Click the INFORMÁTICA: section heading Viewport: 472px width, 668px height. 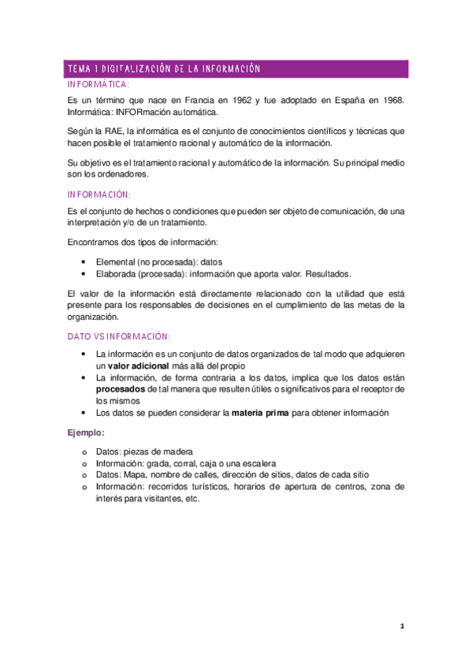(x=98, y=83)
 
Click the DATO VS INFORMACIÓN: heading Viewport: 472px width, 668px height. (x=118, y=336)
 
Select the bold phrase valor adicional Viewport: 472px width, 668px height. (x=141, y=366)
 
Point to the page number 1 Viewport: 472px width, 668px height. (x=402, y=626)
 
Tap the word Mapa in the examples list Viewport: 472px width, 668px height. (x=135, y=475)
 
